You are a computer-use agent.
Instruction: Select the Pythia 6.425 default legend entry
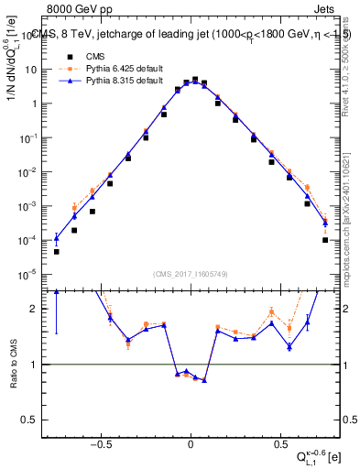coord(108,69)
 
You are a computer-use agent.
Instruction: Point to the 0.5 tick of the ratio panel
coord(31,420)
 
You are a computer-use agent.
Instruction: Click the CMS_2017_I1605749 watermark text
coord(190,274)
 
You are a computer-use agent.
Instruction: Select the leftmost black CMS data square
coord(56,252)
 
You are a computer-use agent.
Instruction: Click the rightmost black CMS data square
coord(325,240)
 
